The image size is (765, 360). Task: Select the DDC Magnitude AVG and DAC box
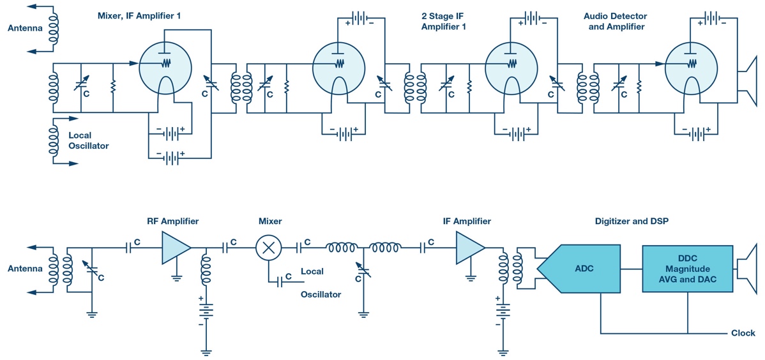pos(688,269)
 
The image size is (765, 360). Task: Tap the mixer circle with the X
pos(267,247)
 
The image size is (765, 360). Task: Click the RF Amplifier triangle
pos(176,248)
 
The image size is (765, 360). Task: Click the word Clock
pos(743,334)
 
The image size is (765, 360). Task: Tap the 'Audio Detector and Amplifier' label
pos(616,22)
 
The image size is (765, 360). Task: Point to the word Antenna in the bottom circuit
pos(24,269)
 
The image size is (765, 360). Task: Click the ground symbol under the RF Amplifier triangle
pos(176,278)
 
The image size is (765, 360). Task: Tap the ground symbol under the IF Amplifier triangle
pos(471,278)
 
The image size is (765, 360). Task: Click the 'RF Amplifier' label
pos(172,221)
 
